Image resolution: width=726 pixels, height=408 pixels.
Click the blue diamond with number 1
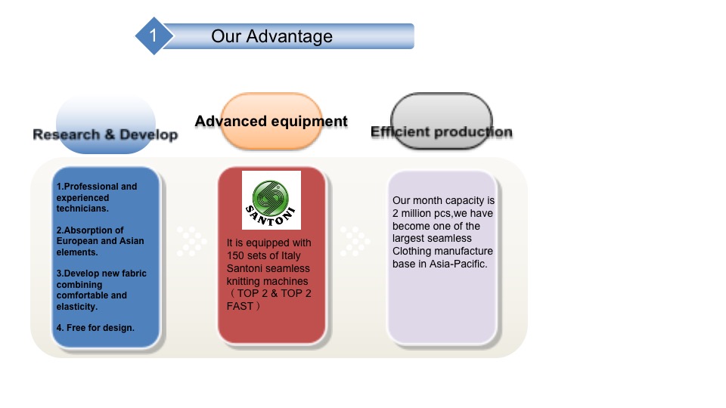(154, 36)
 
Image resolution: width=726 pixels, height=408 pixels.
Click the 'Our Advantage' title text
(271, 36)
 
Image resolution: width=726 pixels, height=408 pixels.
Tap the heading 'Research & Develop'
(105, 134)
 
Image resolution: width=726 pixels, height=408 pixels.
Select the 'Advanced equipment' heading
(271, 121)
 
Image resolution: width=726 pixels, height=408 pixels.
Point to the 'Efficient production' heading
(441, 132)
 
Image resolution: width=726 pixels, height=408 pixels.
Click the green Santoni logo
(271, 199)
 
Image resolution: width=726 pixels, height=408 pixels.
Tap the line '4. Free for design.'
(95, 327)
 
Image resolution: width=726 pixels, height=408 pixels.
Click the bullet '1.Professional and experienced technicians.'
(96, 197)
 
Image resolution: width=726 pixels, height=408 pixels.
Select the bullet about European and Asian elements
(100, 241)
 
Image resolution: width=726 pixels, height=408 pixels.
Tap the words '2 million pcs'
(423, 214)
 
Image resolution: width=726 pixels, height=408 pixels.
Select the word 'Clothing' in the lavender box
(411, 252)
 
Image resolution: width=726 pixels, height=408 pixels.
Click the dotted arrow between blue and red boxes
(191, 240)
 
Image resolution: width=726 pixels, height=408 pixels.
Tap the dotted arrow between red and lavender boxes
(355, 240)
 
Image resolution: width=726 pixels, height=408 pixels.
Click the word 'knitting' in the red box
(245, 281)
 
